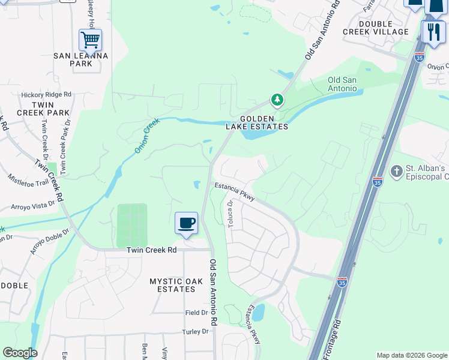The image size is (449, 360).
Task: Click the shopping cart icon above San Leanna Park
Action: coord(90,40)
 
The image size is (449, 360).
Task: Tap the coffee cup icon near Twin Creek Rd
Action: coord(186,223)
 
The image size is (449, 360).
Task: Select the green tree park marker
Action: coord(277,99)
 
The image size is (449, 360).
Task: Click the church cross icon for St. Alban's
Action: coord(396,172)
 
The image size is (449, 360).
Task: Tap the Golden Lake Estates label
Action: coord(264,122)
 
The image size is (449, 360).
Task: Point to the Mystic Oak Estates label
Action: coord(172,284)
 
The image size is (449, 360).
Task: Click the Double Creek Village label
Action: coord(375,28)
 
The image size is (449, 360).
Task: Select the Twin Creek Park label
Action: coord(43,108)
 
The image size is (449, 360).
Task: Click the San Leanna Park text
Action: coord(81,59)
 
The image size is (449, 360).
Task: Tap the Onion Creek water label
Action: coord(147,135)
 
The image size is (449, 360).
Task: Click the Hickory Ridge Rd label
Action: coord(46,94)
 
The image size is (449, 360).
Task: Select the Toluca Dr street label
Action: coord(231,213)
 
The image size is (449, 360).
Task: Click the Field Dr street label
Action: coord(196,313)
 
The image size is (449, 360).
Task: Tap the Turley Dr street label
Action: coord(196,331)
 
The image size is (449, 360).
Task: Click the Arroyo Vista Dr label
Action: coord(32,206)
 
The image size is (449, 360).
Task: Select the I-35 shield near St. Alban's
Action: coord(377,182)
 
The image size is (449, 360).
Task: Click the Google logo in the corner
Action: coord(20,353)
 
